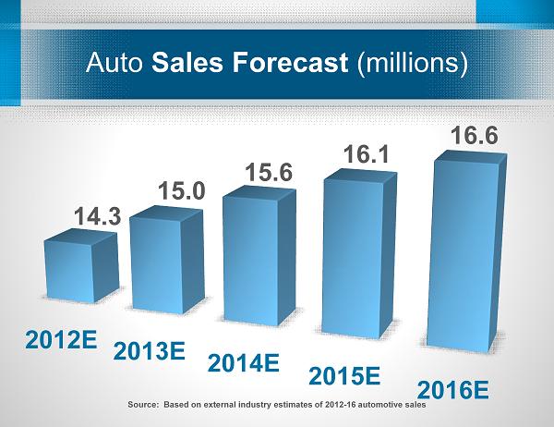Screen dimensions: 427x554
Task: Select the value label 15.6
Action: click(269, 172)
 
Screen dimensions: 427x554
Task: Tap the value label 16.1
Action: click(365, 152)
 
